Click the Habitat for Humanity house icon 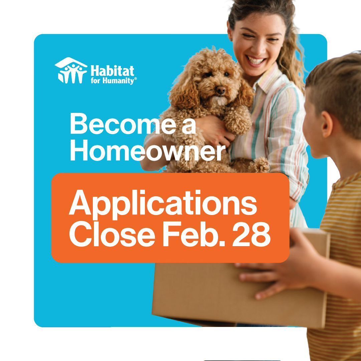click(x=71, y=70)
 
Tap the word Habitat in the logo click(x=112, y=71)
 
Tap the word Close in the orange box click(x=112, y=234)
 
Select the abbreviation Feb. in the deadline click(x=194, y=234)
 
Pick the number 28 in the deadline click(x=251, y=234)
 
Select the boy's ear click(x=327, y=125)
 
